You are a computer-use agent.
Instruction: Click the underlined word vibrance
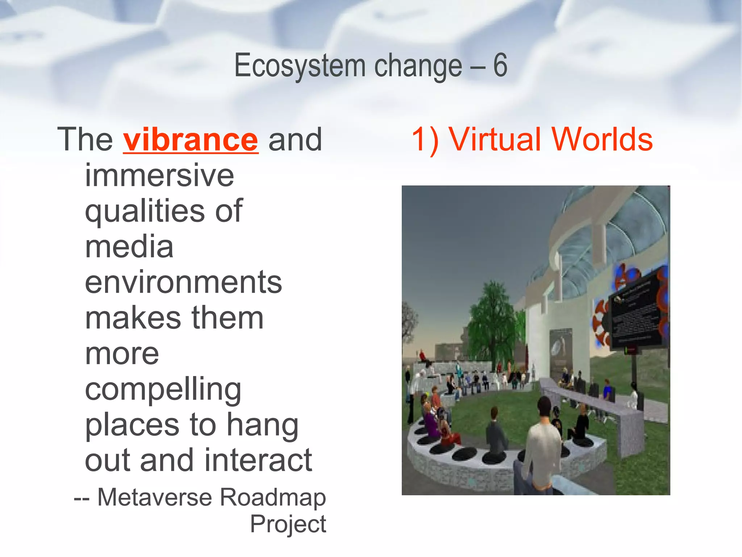[191, 140]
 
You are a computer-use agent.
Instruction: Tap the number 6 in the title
[500, 65]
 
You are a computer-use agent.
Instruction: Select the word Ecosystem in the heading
[300, 66]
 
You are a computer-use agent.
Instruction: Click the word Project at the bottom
[288, 524]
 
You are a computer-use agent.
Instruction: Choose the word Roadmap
[273, 498]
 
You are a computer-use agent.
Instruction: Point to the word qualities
[145, 211]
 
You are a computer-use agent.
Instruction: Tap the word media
[129, 247]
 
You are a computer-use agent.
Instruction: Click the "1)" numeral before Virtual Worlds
[425, 140]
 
